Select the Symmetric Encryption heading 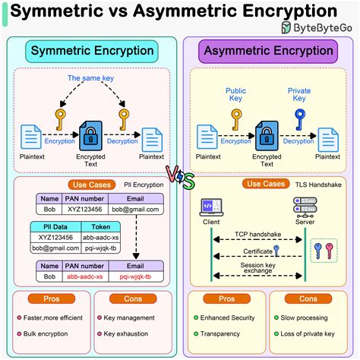(91, 51)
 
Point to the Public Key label (235, 94)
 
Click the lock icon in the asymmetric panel (267, 136)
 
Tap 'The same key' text (90, 78)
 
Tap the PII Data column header (54, 226)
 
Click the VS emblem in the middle (180, 179)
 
